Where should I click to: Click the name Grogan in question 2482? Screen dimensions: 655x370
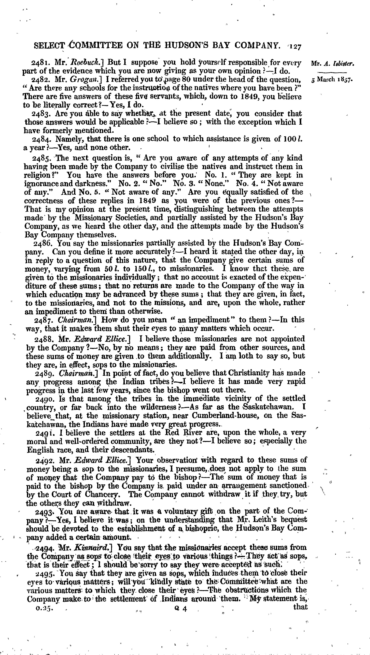click(x=82, y=80)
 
